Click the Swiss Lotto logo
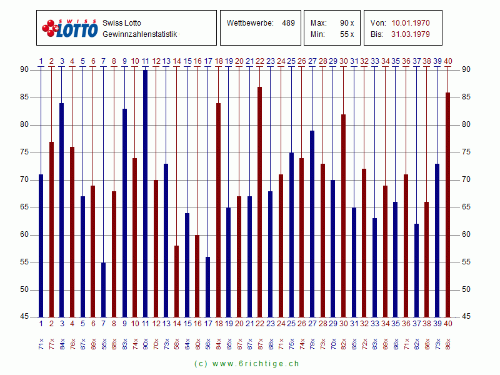69,28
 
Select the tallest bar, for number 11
146,194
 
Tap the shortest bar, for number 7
104,290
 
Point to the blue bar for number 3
62,210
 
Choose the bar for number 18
218,210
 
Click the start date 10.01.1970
411,23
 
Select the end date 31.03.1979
411,34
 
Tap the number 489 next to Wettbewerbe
288,23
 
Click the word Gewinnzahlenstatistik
140,34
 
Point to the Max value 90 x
347,23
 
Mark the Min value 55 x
347,34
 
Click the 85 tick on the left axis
24,97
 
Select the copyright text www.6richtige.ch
246,363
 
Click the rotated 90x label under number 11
146,343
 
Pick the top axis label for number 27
312,61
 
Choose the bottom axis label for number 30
343,323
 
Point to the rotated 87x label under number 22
260,343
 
